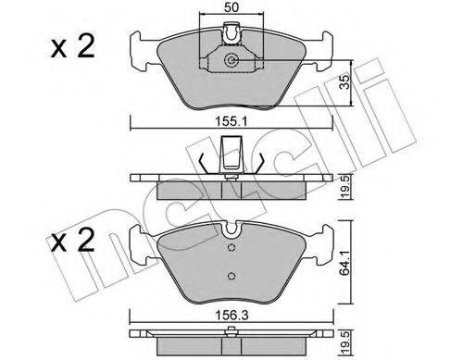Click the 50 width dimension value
pyautogui.click(x=230, y=7)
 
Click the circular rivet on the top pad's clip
pyautogui.click(x=231, y=62)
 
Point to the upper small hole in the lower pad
pyautogui.click(x=230, y=248)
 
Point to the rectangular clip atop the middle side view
pyautogui.click(x=231, y=150)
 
